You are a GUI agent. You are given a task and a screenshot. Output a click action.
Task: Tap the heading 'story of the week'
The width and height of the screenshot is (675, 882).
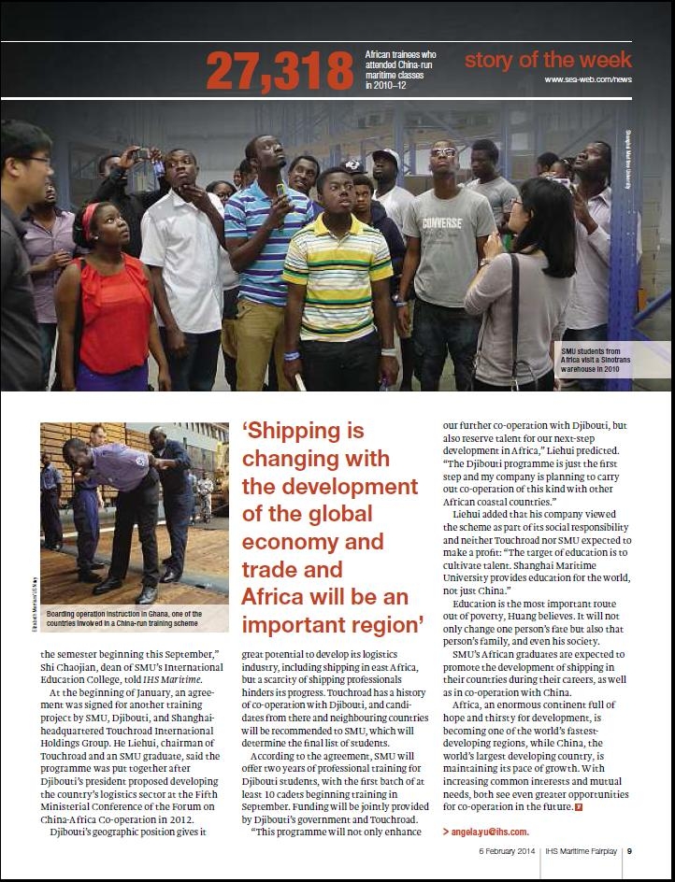(548, 62)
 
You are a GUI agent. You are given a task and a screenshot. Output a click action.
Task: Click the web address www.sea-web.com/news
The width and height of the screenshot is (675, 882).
(588, 81)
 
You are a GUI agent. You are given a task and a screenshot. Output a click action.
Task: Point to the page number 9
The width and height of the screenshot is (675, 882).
(630, 851)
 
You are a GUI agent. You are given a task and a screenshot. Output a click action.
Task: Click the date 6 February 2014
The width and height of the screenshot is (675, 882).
(510, 851)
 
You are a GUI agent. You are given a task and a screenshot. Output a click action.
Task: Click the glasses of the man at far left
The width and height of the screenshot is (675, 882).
(36, 161)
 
